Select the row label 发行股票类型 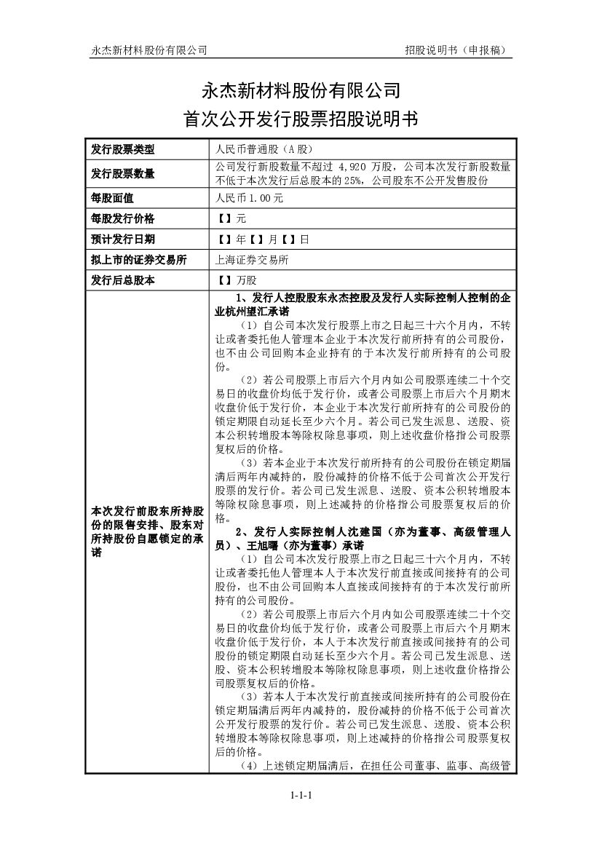pyautogui.click(x=123, y=150)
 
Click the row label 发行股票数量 pyautogui.click(x=123, y=173)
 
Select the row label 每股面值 pyautogui.click(x=113, y=197)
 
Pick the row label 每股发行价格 pyautogui.click(x=123, y=218)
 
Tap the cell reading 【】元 pyautogui.click(x=232, y=218)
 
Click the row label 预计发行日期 pyautogui.click(x=123, y=238)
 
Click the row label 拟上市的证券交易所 pyautogui.click(x=138, y=259)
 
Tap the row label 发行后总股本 pyautogui.click(x=123, y=280)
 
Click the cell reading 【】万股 pyautogui.click(x=237, y=280)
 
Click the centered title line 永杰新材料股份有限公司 pyautogui.click(x=301, y=90)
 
